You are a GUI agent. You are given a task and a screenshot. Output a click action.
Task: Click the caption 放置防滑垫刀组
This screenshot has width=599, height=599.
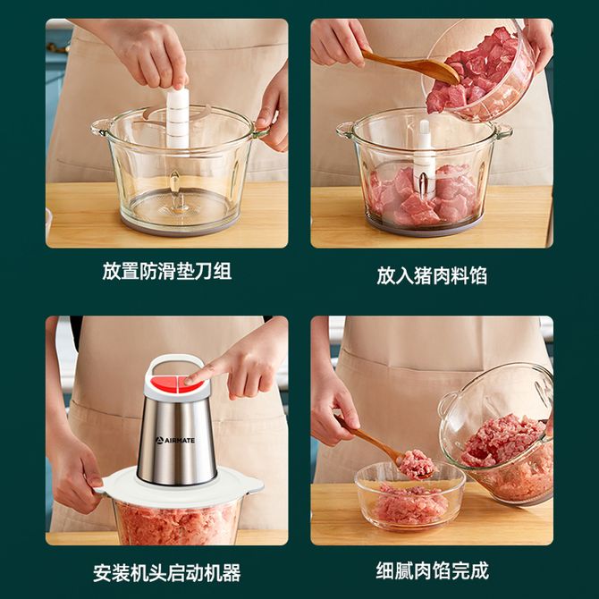(167, 271)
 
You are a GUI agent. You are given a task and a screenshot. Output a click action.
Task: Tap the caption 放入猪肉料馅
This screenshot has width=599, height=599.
(432, 275)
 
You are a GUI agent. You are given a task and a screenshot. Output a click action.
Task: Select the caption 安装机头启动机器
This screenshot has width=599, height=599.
(167, 573)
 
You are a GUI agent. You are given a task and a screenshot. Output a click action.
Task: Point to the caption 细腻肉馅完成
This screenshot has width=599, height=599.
(432, 570)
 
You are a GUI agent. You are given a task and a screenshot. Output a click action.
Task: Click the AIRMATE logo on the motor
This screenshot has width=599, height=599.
(175, 441)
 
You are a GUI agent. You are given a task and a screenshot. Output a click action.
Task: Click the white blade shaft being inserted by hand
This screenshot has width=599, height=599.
(178, 118)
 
